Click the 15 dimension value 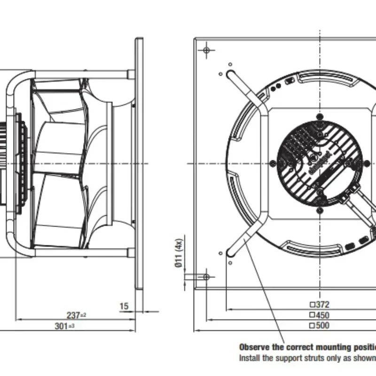[x=124, y=306]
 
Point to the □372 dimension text [x=319, y=305]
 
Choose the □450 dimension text [x=319, y=315]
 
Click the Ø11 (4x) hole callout [x=178, y=254]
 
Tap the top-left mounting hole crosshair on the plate [x=206, y=49]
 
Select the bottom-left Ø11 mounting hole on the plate [x=206, y=276]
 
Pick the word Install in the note [x=250, y=358]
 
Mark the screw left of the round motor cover [x=272, y=163]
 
